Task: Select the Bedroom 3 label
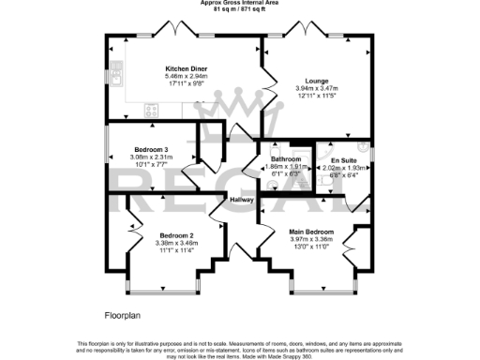point(150,150)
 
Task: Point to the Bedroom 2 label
point(176,234)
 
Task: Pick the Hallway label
point(243,201)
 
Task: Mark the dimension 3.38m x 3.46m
point(176,242)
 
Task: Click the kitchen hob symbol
point(150,112)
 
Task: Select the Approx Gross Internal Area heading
point(239,3)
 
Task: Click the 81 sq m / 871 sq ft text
point(239,9)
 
